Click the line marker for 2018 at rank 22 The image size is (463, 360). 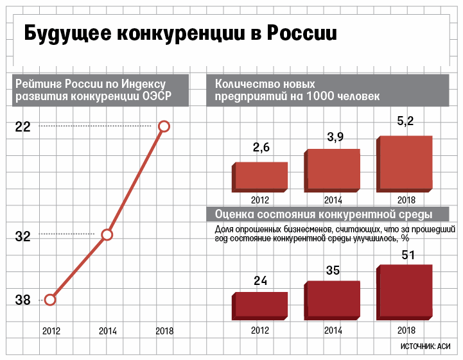point(164,126)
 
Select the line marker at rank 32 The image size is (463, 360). point(107,235)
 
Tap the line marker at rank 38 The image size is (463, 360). point(50,299)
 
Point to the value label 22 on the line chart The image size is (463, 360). point(22,127)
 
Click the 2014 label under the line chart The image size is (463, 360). point(107,331)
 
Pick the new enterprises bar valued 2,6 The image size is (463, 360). point(259,176)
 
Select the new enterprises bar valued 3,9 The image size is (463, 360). point(331,170)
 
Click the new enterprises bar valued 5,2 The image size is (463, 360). point(404,164)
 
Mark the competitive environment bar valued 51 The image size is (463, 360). point(404,292)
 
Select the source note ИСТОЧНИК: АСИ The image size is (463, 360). point(424,347)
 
